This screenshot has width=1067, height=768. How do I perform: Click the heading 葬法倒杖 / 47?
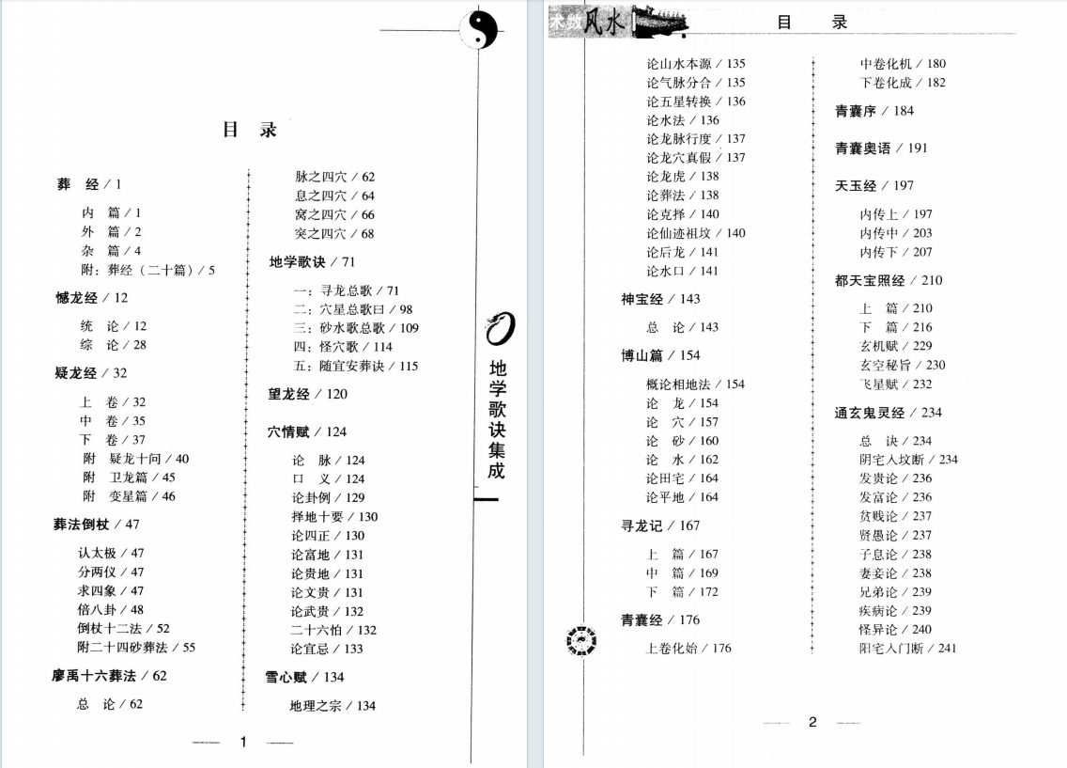click(96, 525)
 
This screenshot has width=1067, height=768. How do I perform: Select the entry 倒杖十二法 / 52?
click(123, 629)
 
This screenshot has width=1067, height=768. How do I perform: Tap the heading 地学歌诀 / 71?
click(312, 262)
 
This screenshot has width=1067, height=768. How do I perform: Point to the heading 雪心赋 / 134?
click(306, 677)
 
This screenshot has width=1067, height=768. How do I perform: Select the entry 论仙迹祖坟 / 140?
click(696, 233)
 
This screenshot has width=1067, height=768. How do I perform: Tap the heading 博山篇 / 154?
click(660, 355)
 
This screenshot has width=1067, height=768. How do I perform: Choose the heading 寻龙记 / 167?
click(660, 525)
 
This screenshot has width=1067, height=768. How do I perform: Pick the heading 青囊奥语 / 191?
click(881, 149)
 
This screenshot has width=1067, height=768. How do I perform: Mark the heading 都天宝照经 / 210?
click(888, 280)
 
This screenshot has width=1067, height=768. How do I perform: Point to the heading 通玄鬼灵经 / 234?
click(888, 413)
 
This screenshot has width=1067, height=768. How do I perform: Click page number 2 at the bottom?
click(812, 722)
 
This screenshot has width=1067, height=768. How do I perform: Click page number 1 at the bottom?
click(242, 742)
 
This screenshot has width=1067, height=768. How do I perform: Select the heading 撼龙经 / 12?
click(91, 298)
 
